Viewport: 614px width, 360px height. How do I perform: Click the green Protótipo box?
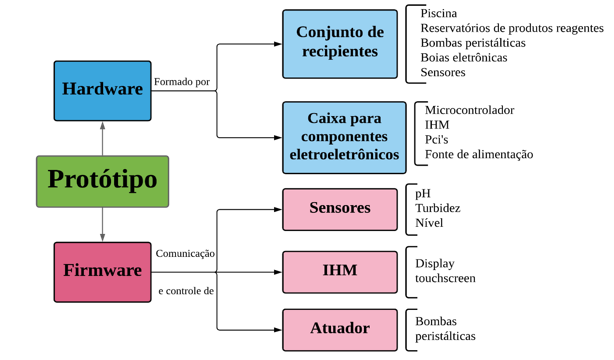(x=103, y=181)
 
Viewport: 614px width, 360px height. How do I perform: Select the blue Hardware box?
(x=103, y=90)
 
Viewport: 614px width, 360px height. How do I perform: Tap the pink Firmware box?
(x=103, y=271)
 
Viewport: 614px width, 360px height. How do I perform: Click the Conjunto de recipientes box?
(x=340, y=44)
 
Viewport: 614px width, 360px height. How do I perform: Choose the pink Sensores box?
(x=340, y=208)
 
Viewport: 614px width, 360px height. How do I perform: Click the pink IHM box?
(x=340, y=271)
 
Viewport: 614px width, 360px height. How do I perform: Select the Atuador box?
(x=340, y=329)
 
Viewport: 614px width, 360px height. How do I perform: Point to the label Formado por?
(x=182, y=82)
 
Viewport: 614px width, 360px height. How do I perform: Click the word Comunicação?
(x=185, y=254)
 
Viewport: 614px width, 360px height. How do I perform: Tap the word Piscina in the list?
(x=439, y=14)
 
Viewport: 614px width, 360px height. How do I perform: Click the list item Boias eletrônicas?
(x=464, y=58)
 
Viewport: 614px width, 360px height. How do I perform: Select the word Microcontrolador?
(x=469, y=110)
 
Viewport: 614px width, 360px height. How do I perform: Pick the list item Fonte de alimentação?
(x=479, y=154)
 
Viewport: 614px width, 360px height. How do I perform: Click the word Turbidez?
(x=438, y=208)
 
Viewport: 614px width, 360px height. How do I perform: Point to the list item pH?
(x=423, y=193)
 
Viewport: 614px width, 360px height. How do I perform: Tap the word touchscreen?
(x=446, y=278)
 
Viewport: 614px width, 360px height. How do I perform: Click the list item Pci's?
(x=437, y=139)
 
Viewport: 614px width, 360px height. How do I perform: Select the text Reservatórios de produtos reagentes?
(x=512, y=29)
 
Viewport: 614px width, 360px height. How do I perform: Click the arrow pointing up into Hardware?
(x=103, y=127)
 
